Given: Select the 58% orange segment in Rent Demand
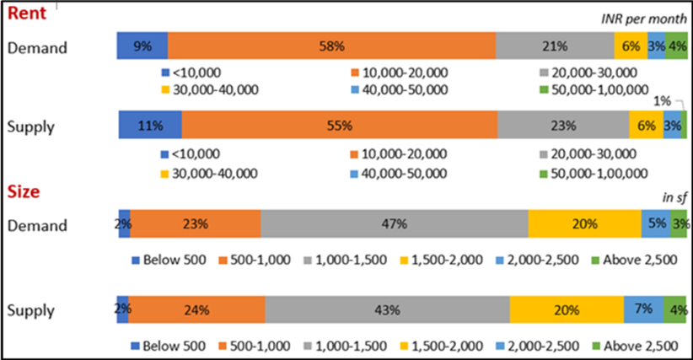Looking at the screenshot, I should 331,46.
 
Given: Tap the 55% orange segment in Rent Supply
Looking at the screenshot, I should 339,126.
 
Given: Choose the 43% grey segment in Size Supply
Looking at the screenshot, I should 387,309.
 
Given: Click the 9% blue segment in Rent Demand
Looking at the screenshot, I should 142,46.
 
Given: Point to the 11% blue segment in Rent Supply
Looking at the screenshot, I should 149,126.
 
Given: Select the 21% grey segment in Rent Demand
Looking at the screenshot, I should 555,46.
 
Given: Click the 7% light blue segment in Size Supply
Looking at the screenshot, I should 643,309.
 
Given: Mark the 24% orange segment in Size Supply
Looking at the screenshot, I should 197,309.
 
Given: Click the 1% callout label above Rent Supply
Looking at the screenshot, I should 663,101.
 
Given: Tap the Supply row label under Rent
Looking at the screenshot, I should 31,127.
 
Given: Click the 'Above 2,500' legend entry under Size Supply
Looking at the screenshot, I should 634,346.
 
